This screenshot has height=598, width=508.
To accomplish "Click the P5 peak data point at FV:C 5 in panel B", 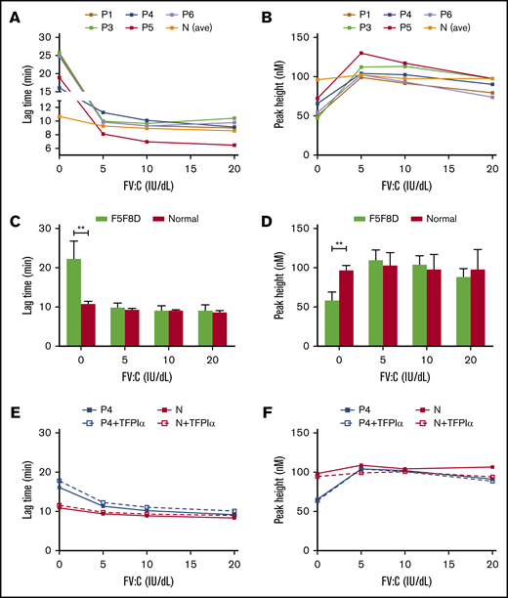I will [360, 53].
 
